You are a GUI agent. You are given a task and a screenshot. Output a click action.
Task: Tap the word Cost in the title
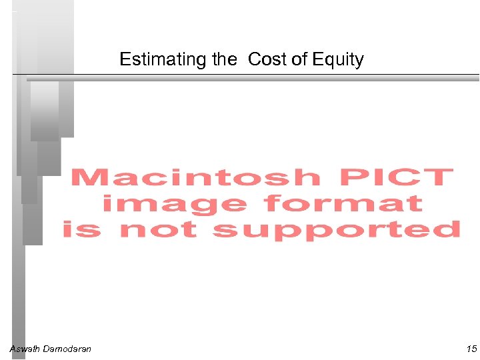click(268, 59)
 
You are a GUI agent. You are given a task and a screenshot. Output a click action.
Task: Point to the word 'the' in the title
click(224, 59)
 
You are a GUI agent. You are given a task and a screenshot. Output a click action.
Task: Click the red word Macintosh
click(195, 178)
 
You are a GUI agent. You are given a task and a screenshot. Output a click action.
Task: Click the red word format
click(343, 203)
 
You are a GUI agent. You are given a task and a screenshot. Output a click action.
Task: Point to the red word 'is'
click(82, 229)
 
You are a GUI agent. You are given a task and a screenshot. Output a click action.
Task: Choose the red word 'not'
click(158, 229)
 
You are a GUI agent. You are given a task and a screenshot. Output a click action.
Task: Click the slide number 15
click(471, 349)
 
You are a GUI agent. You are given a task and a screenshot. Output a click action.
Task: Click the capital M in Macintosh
click(91, 178)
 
